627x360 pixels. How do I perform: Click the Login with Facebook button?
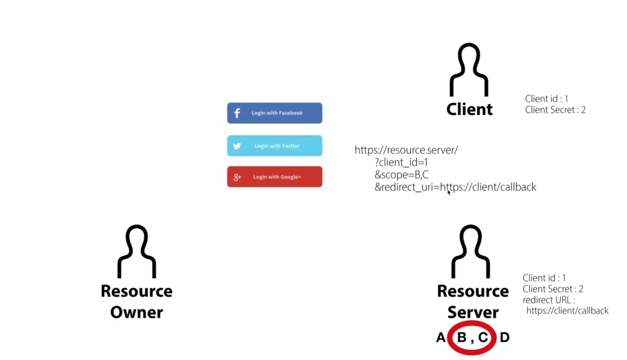pos(274,113)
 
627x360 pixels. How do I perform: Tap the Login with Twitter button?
pos(274,146)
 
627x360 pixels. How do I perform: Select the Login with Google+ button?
pos(274,177)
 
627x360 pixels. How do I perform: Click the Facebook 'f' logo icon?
pos(237,113)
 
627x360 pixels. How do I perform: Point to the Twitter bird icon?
pos(237,146)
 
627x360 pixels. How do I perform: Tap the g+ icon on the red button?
pos(238,177)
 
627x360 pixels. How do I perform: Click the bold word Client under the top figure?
pos(469,109)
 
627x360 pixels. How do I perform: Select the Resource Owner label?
pos(136,301)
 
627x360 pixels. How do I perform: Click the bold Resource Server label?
pos(473,301)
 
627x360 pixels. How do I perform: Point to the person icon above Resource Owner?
pos(137,252)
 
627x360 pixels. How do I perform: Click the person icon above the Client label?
pos(469,70)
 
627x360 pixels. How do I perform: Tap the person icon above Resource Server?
pos(471,252)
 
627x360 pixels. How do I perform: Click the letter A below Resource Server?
pos(441,338)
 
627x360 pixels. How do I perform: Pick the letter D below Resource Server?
pos(505,338)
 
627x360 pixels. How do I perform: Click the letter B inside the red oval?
pos(462,338)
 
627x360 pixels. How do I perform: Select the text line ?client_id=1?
pos(401,163)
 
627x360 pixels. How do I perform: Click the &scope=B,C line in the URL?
pos(401,175)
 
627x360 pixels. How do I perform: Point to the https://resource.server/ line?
pos(406,150)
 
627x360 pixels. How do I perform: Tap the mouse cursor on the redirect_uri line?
pos(448,192)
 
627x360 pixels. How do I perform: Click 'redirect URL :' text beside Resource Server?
pos(548,300)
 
